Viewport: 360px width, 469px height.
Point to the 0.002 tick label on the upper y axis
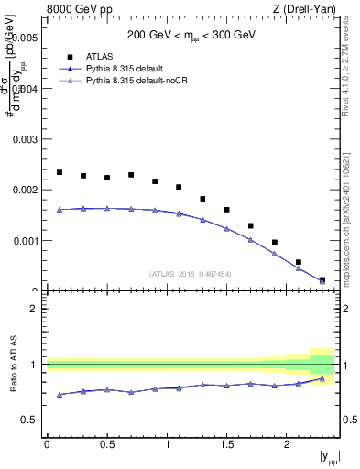tap(27, 190)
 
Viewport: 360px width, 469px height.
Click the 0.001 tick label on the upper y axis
tap(27, 241)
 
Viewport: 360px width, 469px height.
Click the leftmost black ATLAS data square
tap(60, 172)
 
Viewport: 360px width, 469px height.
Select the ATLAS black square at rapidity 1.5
tap(226, 210)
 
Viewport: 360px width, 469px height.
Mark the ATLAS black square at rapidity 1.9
tap(275, 243)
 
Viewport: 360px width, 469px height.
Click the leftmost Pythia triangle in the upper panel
tap(60, 210)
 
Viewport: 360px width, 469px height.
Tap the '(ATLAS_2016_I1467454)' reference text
tap(191, 273)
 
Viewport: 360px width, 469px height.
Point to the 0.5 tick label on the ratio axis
tap(32, 420)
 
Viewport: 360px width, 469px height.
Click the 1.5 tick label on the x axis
tap(226, 445)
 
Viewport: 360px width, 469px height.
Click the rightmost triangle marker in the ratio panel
tap(322, 378)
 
